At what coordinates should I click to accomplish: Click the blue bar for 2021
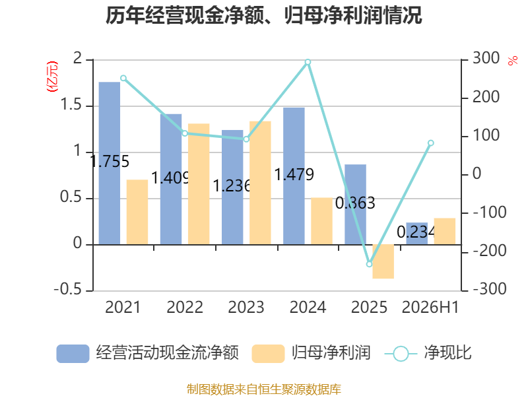click(x=110, y=163)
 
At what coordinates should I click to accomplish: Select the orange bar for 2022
click(x=199, y=184)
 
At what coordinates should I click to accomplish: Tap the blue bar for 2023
click(x=232, y=187)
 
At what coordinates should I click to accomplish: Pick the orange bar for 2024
click(x=321, y=221)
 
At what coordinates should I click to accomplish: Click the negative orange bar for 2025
click(x=383, y=261)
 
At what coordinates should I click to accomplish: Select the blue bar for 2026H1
click(x=417, y=234)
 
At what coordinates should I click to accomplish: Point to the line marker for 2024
click(x=308, y=62)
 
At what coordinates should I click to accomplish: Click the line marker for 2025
click(x=369, y=264)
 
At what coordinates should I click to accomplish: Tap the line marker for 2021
click(x=123, y=78)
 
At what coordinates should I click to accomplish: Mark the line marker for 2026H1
click(x=431, y=143)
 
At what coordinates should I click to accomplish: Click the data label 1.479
click(x=294, y=175)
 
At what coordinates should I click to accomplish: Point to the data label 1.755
click(x=110, y=161)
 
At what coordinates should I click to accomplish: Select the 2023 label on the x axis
click(x=246, y=307)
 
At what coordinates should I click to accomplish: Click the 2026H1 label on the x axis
click(x=430, y=307)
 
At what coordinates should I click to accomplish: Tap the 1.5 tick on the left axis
click(x=71, y=105)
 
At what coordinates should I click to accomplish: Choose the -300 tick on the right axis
click(x=490, y=289)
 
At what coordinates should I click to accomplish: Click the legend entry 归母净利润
click(x=311, y=353)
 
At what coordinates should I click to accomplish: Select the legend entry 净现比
click(x=428, y=353)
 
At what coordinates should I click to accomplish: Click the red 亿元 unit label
click(x=52, y=77)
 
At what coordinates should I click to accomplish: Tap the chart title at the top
click(x=263, y=15)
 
